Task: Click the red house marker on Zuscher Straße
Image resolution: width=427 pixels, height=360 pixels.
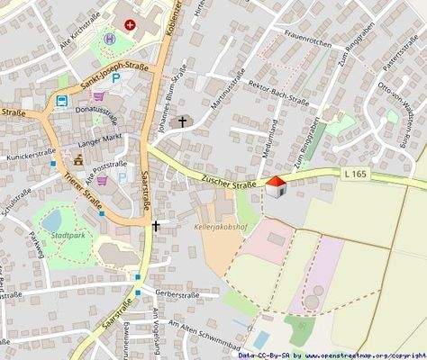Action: [x=277, y=185]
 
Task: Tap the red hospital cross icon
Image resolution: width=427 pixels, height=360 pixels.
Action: [x=132, y=25]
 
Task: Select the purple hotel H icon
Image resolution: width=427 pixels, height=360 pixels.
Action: [x=110, y=40]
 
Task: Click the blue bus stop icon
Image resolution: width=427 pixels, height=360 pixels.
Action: [x=62, y=102]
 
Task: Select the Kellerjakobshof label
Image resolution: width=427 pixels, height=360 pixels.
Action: [x=219, y=227]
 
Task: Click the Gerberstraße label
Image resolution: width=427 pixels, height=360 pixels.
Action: [x=176, y=293]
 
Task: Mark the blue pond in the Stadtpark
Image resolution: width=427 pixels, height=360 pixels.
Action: [x=50, y=220]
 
